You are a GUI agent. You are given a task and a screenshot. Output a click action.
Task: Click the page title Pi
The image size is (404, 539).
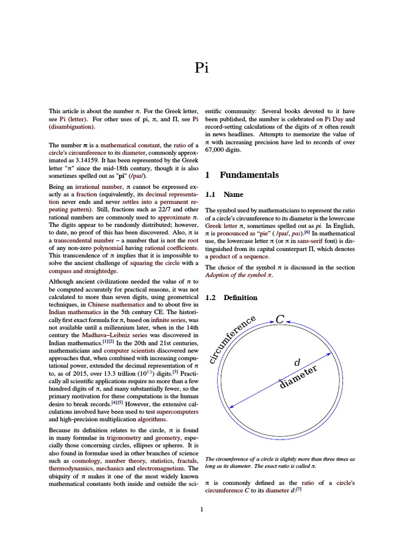click(x=202, y=68)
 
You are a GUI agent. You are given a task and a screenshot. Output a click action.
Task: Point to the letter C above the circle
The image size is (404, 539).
click(x=280, y=319)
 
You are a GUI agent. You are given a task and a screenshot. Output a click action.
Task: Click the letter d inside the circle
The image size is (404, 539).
click(x=296, y=363)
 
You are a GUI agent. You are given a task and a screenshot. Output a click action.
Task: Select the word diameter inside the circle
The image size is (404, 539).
click(x=299, y=378)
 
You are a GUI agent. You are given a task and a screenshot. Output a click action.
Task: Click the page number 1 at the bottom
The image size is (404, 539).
click(x=202, y=509)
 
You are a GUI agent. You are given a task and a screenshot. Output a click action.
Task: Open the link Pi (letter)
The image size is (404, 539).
click(x=72, y=119)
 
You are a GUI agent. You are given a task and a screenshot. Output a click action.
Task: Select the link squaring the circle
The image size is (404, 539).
click(x=158, y=263)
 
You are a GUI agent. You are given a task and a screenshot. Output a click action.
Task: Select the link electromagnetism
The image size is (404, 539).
click(x=153, y=467)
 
